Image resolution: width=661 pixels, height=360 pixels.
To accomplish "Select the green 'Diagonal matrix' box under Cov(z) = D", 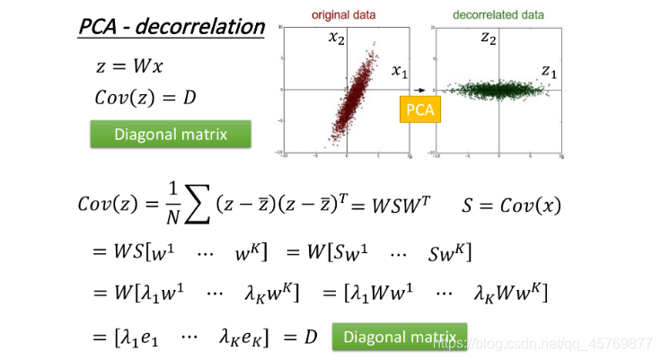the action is [x=170, y=135].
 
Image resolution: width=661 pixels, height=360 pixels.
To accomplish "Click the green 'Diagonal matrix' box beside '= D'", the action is [x=400, y=337].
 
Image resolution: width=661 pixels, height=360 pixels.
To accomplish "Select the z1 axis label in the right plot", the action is [x=551, y=70].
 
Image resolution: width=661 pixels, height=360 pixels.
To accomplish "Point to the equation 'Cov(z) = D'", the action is [x=145, y=97].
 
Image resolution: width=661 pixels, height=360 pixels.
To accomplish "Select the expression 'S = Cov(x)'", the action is [x=511, y=205].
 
